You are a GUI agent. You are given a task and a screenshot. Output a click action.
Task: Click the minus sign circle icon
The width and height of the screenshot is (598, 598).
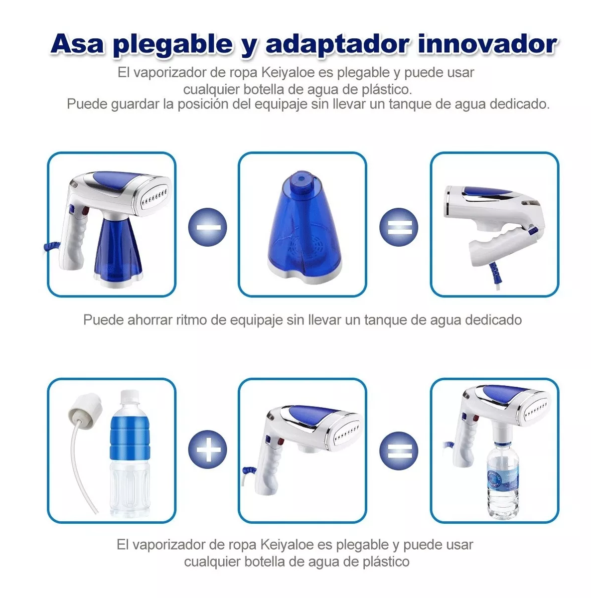coord(208,227)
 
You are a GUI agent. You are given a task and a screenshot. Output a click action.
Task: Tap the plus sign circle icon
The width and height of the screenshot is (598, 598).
coord(208,450)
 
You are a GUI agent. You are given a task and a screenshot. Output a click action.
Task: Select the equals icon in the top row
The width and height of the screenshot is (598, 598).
coord(399,227)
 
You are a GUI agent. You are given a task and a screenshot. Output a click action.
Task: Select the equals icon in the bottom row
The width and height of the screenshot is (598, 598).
coord(399,450)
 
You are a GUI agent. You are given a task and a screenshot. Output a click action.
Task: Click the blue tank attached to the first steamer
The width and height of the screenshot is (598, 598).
coord(120,252)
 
